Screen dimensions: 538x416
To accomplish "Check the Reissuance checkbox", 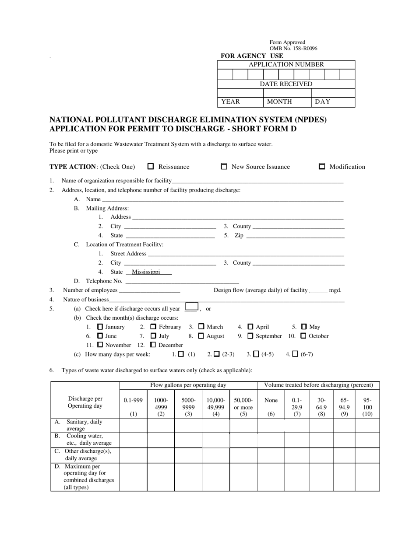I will click(x=151, y=166).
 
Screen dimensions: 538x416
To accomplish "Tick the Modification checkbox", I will click(x=322, y=166).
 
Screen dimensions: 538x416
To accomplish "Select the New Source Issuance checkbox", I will click(x=224, y=166).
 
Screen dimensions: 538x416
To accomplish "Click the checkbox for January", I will click(x=100, y=327).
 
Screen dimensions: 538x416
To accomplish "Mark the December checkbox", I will click(x=153, y=345).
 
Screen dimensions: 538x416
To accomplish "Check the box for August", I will click(x=201, y=336).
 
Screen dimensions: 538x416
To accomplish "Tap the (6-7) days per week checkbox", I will click(x=295, y=354).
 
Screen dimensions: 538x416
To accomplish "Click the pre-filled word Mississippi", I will click(x=146, y=272).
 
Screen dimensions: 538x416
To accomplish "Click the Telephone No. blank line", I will click(x=182, y=281).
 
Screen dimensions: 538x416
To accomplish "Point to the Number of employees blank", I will click(x=149, y=290).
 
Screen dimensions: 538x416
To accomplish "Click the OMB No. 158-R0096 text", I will click(x=293, y=49).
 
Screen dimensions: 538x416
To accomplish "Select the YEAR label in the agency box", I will click(x=230, y=101).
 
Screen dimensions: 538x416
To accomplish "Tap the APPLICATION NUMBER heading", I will click(x=286, y=64).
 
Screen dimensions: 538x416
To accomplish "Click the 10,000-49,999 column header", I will click(x=216, y=407).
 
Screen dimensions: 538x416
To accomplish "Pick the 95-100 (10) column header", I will click(x=367, y=407).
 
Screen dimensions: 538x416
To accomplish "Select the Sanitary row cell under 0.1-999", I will click(x=133, y=425).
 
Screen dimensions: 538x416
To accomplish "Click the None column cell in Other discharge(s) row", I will click(x=271, y=455).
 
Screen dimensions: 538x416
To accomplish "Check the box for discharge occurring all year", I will click(x=192, y=307).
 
